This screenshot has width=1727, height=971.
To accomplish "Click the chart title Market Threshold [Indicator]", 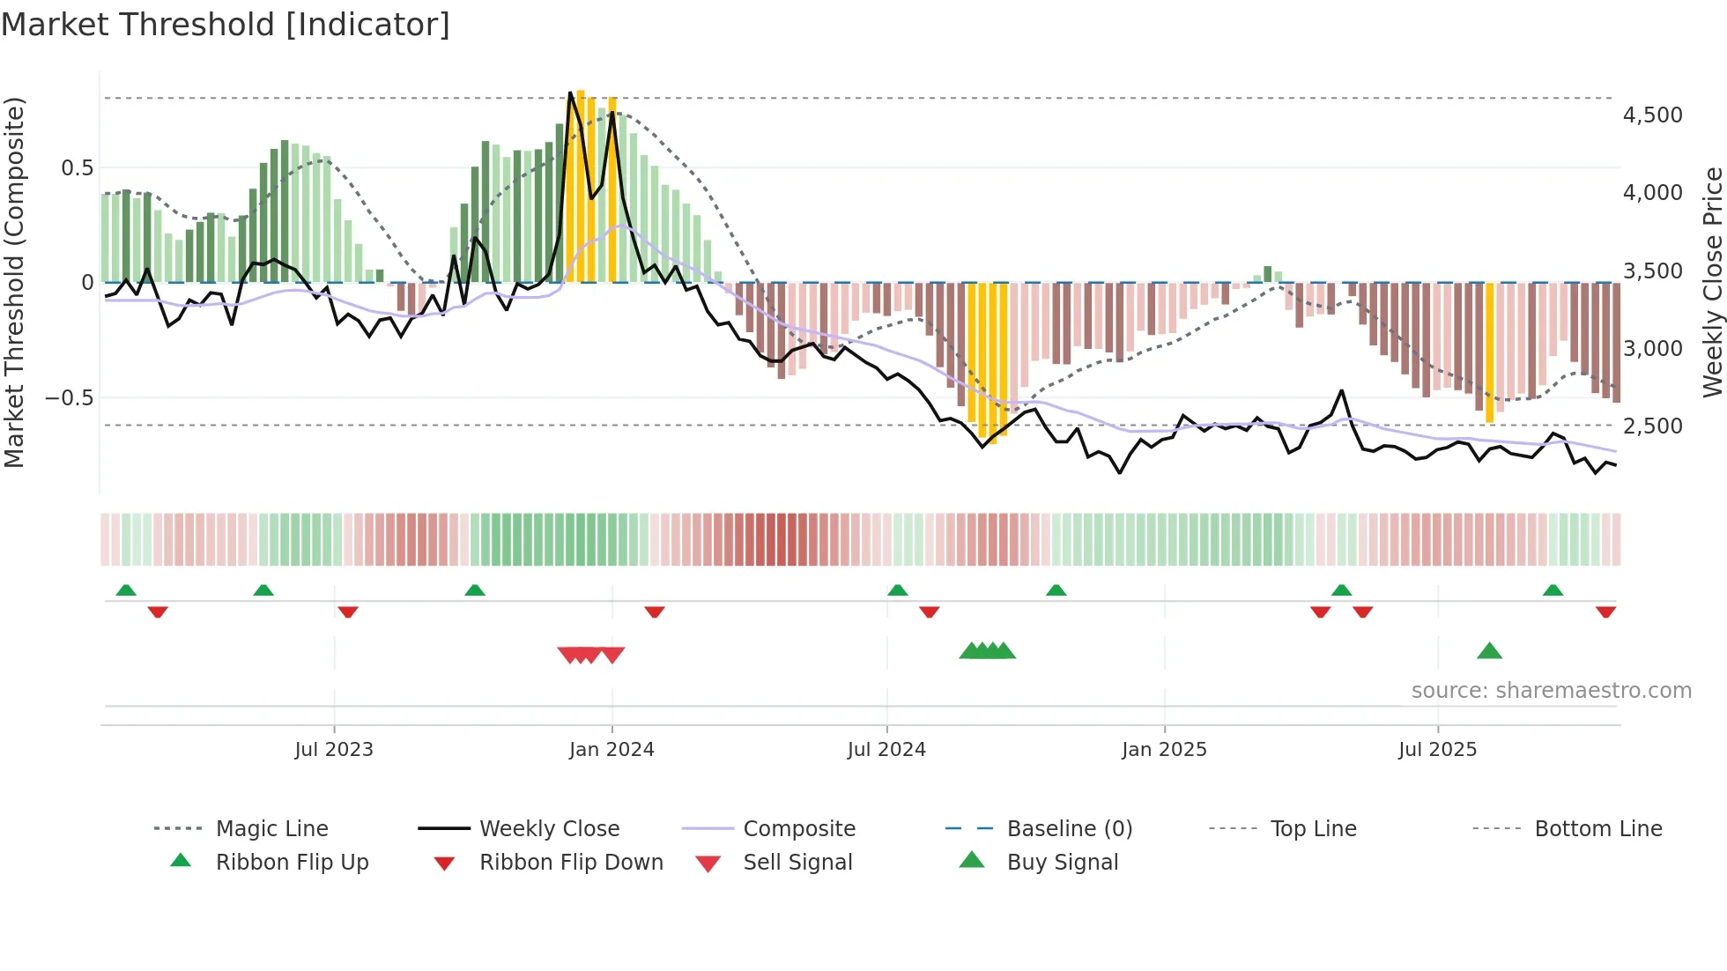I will (x=226, y=25).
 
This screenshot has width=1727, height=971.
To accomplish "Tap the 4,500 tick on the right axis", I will (x=1652, y=115).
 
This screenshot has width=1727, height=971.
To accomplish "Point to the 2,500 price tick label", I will (x=1652, y=426).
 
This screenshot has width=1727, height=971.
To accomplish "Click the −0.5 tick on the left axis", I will (x=69, y=398).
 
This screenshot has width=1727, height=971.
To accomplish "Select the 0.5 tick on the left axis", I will (x=77, y=168).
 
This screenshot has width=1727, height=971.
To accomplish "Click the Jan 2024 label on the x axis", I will (x=611, y=750).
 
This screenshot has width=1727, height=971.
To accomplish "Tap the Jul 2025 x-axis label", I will (x=1437, y=750).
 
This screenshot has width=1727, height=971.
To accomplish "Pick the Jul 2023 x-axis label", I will (x=334, y=750).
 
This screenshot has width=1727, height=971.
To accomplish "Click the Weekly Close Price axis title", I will (x=1712, y=282).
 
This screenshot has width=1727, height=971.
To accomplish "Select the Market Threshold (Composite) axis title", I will (x=14, y=282).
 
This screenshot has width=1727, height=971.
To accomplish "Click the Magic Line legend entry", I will (x=271, y=829).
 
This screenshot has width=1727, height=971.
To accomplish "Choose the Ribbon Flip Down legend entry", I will (x=571, y=863).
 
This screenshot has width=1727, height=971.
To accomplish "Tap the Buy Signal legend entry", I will (x=1062, y=863).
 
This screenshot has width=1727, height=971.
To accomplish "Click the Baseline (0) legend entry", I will (x=1069, y=829).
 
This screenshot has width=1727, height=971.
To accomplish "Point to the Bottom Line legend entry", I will (x=1597, y=829).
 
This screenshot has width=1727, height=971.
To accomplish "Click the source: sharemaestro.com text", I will (x=1551, y=691).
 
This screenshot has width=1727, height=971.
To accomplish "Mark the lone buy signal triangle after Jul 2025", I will (x=1489, y=651).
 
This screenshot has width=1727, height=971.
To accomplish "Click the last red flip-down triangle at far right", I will (x=1605, y=612).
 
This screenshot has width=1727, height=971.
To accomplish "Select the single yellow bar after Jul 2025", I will (x=1489, y=352).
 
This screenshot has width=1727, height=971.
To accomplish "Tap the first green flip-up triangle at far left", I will (x=126, y=590).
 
